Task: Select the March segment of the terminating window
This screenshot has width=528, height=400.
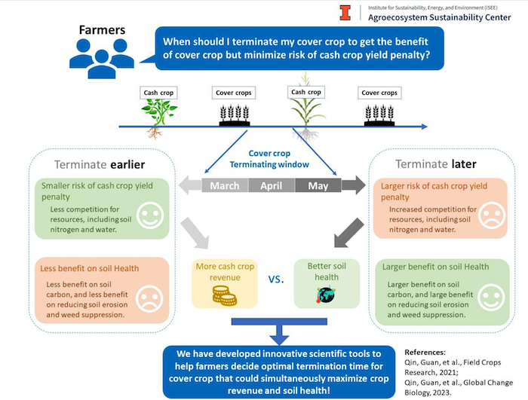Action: (225, 186)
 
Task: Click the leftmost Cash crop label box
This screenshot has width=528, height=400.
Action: (158, 93)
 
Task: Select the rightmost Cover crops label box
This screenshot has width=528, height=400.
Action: (379, 93)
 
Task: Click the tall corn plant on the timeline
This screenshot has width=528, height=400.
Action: (305, 113)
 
